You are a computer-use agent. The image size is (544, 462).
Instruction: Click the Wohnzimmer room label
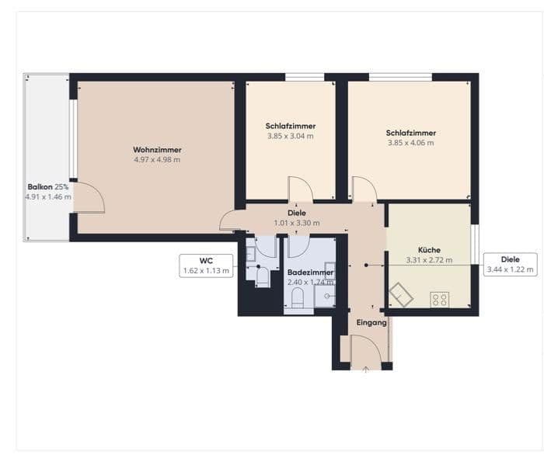(x=157, y=150)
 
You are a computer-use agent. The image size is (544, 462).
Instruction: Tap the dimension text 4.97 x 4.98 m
(x=157, y=160)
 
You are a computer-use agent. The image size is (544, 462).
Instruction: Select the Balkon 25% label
(x=48, y=187)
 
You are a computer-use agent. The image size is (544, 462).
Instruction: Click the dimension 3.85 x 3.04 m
(x=291, y=136)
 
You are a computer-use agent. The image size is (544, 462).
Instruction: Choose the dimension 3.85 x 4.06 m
(x=410, y=143)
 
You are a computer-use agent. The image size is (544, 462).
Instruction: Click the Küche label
(x=428, y=250)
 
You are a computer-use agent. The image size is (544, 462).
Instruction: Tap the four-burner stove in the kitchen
(x=439, y=298)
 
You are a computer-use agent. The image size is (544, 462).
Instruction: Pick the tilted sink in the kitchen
(x=402, y=294)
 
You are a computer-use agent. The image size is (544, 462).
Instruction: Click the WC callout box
(x=206, y=266)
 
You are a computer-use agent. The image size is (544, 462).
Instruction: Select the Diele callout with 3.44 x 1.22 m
(x=510, y=265)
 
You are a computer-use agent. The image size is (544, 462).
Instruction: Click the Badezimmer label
(x=310, y=273)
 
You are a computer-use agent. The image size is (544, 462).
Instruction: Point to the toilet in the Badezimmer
(x=298, y=299)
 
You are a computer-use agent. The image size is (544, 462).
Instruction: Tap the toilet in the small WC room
(x=263, y=277)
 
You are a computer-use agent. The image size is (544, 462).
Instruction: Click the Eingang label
(x=371, y=322)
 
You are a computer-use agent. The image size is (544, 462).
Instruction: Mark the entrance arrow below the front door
(x=366, y=368)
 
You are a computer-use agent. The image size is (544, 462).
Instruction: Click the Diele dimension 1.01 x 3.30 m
(x=297, y=223)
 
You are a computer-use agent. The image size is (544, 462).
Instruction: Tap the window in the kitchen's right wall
(x=474, y=245)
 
